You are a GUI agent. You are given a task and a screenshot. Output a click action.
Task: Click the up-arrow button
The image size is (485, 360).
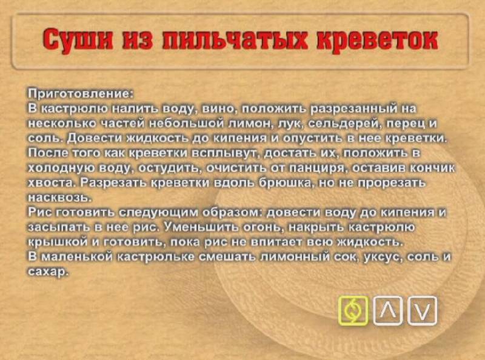pyautogui.click(x=388, y=310)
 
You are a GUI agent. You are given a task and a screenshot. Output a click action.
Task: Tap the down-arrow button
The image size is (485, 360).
pyautogui.click(x=422, y=310)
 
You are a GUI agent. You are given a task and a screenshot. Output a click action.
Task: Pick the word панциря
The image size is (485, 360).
pyautogui.click(x=317, y=168)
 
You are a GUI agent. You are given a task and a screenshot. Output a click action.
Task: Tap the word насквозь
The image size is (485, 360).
pyautogui.click(x=55, y=197)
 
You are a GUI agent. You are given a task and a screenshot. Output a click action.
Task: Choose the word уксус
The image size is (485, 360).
pyautogui.click(x=383, y=257)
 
